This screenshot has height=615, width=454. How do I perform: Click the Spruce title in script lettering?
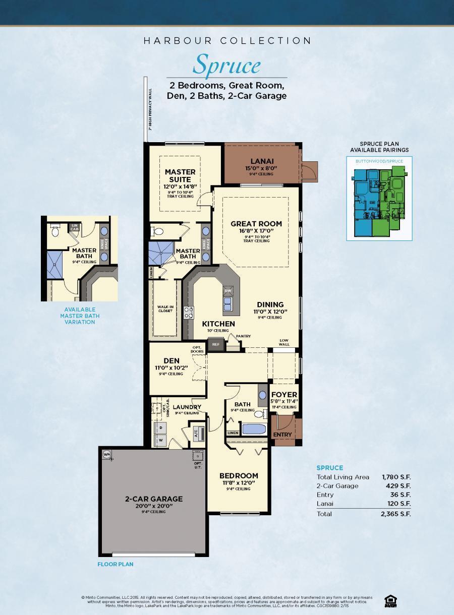point(227,65)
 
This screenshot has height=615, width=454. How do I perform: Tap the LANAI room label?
point(261,161)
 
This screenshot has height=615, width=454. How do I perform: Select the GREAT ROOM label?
point(256,224)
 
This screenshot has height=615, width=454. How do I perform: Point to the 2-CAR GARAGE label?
point(154,499)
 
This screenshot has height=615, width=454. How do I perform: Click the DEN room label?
point(172,360)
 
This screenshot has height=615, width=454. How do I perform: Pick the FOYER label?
point(285,395)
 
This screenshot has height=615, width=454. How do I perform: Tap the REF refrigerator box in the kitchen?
point(216,345)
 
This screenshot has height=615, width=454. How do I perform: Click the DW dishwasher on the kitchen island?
point(228,291)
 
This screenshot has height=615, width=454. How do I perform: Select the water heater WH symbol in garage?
point(107,454)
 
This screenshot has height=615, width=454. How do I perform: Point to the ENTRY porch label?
point(282,435)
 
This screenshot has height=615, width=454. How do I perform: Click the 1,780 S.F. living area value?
point(396,477)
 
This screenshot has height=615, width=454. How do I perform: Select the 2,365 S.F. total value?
point(396,514)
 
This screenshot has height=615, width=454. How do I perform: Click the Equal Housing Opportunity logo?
point(389,600)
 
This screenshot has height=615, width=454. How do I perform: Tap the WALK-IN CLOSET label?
point(165,309)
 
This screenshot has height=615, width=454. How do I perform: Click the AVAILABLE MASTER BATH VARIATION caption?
point(79,316)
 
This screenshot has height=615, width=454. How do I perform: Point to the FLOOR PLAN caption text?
point(116,564)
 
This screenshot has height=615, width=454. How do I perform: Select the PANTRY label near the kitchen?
point(243,336)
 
